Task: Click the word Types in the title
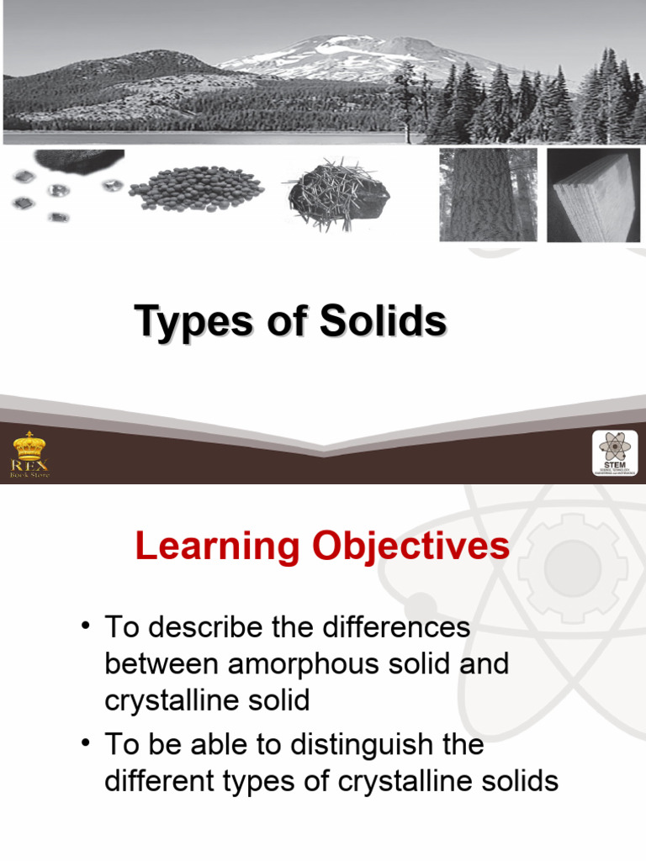193,322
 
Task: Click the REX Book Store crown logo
29,455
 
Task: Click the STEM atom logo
615,454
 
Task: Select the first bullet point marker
85,626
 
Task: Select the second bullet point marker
85,744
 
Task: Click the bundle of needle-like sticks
336,191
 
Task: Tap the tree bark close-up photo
488,195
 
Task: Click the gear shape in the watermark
572,569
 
